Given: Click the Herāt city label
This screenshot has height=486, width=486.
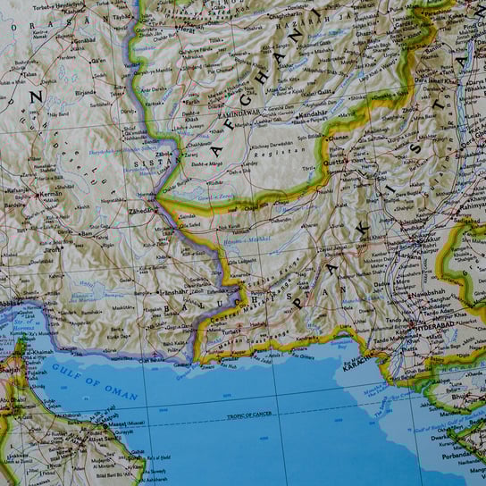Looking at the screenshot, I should coord(187,29).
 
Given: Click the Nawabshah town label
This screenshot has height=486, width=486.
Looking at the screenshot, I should coord(426,296).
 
